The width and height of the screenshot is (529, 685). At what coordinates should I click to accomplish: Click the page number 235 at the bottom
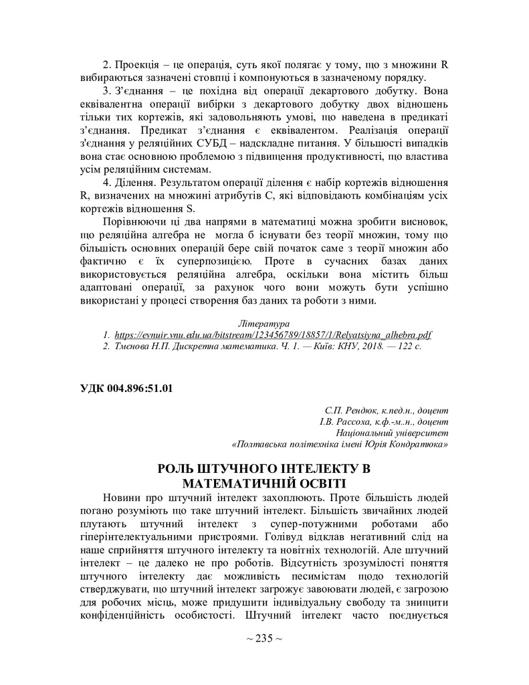[x=264, y=638]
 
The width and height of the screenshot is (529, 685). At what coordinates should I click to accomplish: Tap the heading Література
[x=265, y=323]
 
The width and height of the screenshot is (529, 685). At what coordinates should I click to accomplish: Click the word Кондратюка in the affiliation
[x=414, y=444]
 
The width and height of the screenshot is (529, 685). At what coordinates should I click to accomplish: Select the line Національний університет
[x=392, y=433]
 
